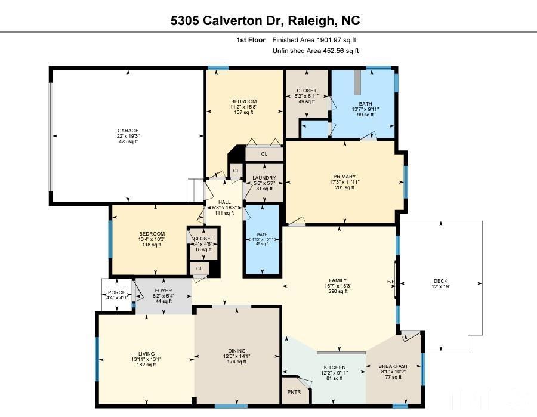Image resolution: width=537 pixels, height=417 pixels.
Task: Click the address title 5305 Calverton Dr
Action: pyautogui.click(x=266, y=21)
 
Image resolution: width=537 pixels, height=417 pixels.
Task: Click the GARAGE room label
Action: pyautogui.click(x=128, y=131)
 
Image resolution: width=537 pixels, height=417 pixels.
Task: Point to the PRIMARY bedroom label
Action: pyautogui.click(x=344, y=177)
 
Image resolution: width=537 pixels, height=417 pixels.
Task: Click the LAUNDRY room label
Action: pyautogui.click(x=264, y=178)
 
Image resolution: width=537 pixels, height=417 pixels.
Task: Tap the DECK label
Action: pyautogui.click(x=440, y=281)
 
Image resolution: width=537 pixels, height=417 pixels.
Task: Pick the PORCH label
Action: pyautogui.click(x=116, y=292)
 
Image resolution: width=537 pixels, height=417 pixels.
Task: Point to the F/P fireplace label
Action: pyautogui.click(x=391, y=281)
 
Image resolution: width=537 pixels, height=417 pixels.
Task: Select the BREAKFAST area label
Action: pyautogui.click(x=394, y=366)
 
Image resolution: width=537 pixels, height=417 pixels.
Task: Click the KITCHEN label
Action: pyautogui.click(x=335, y=367)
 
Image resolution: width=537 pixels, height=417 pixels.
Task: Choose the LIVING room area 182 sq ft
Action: pyautogui.click(x=147, y=365)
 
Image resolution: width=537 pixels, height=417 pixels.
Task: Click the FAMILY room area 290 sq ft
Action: pyautogui.click(x=338, y=291)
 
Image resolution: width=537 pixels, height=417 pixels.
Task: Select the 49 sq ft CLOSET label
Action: pyautogui.click(x=307, y=101)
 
